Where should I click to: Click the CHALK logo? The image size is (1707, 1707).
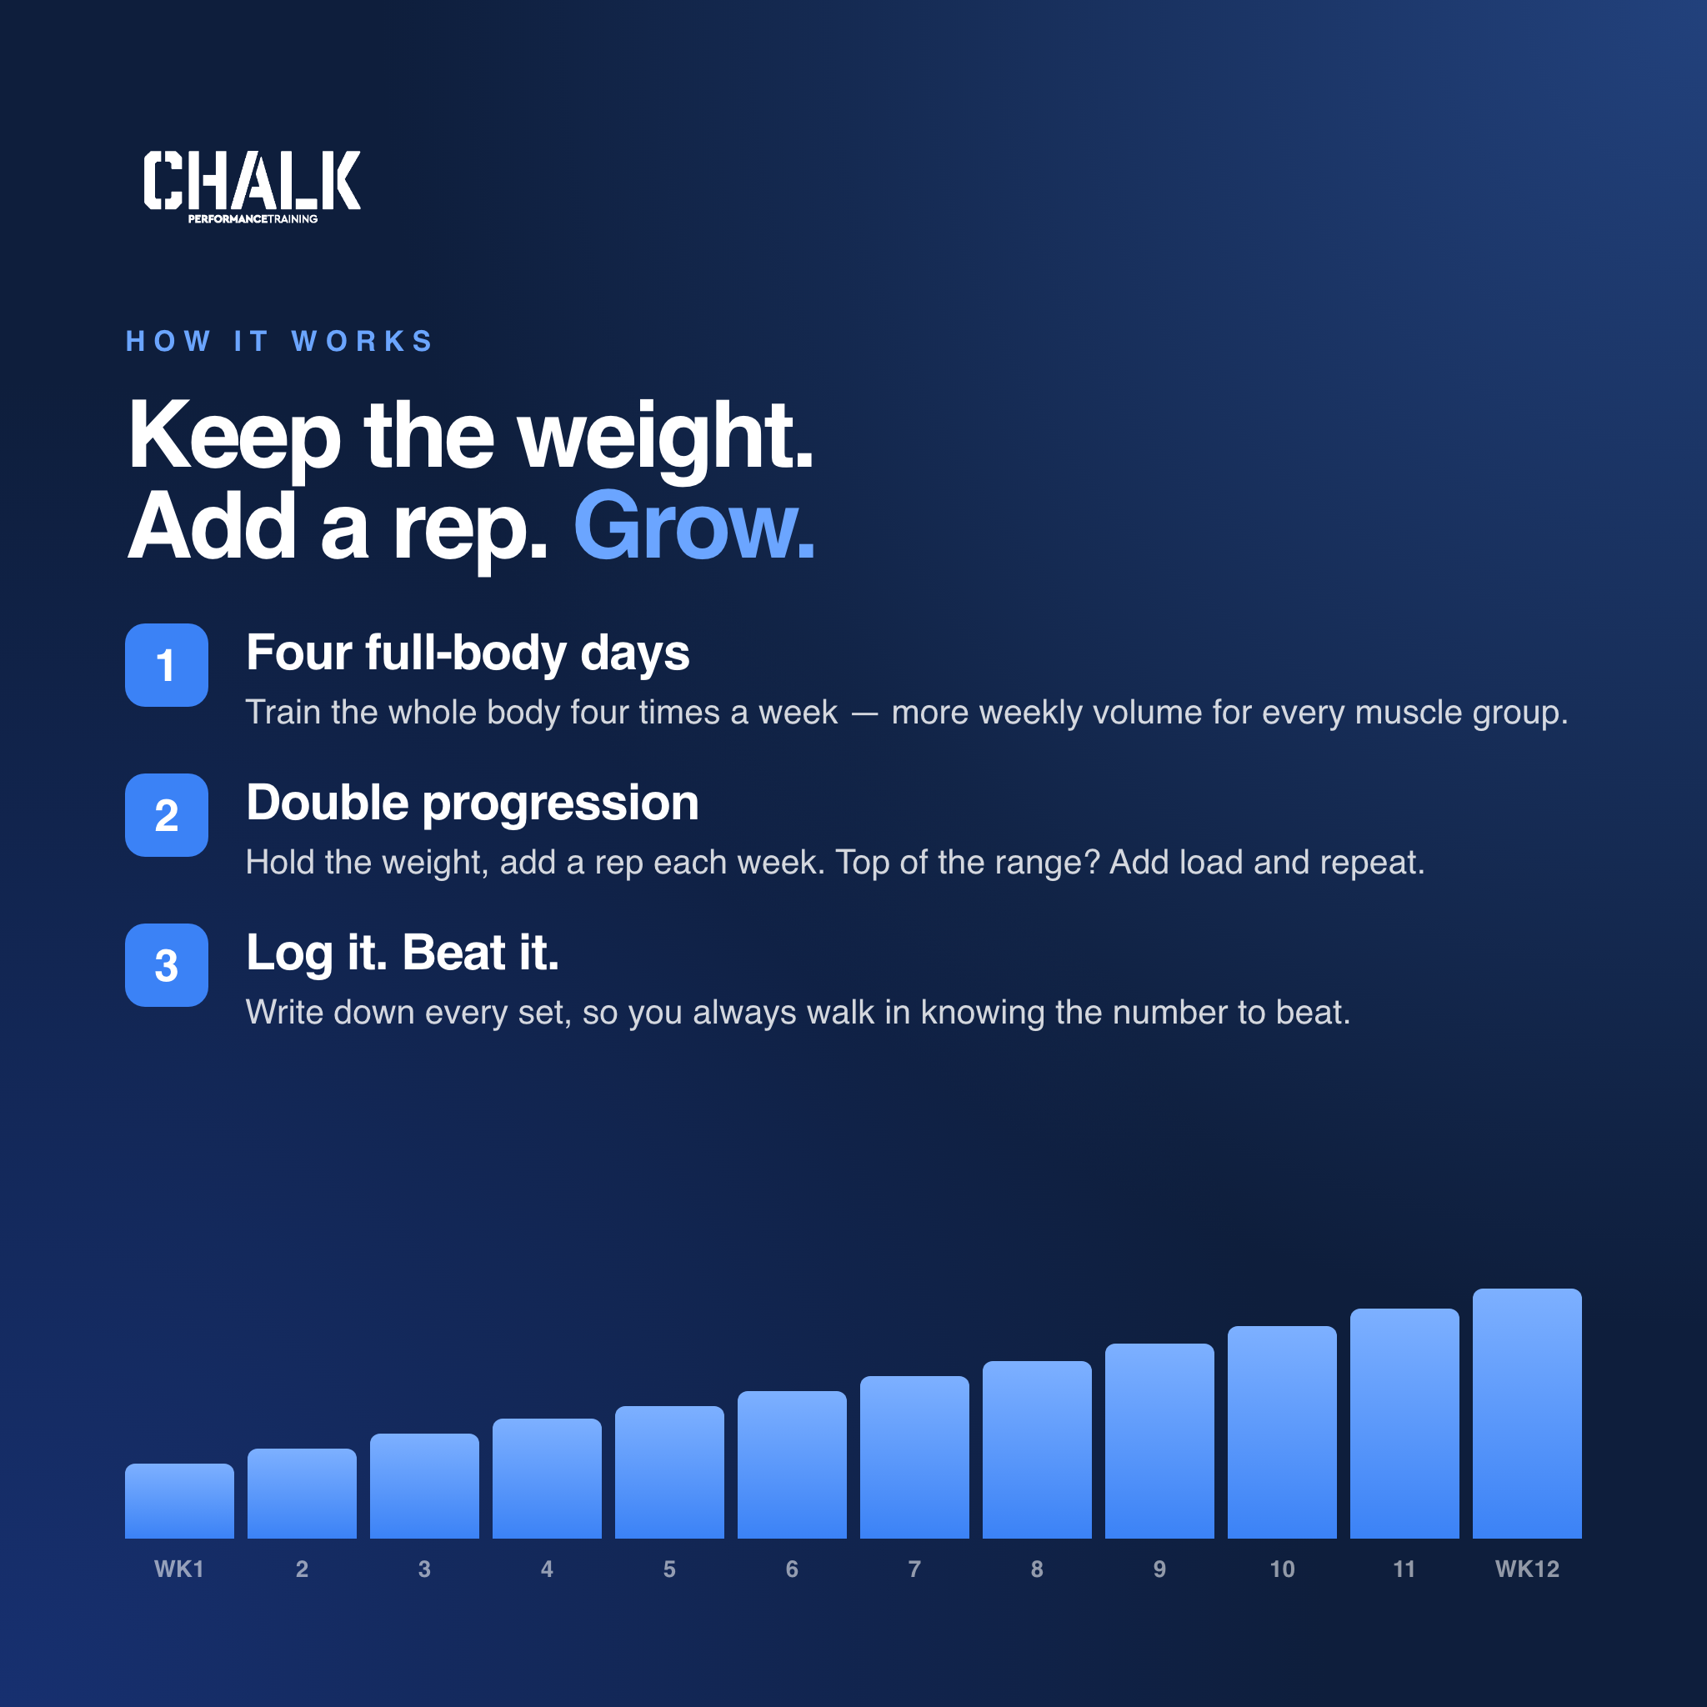tap(252, 187)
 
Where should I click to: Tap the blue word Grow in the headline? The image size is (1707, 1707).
tap(693, 527)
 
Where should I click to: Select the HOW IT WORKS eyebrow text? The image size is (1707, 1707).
tap(279, 341)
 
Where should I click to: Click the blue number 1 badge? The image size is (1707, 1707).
tap(166, 664)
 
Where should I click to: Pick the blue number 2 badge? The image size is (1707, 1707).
tap(166, 814)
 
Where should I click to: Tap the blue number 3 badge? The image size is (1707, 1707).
tap(166, 965)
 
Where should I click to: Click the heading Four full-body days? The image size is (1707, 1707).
tap(468, 653)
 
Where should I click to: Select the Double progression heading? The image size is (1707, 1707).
tap(473, 804)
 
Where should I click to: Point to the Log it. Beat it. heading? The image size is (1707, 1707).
tap(403, 954)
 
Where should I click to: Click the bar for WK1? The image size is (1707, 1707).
tap(179, 1501)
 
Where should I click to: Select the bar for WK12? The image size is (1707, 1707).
tap(1527, 1414)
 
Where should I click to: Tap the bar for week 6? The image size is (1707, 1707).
tap(792, 1465)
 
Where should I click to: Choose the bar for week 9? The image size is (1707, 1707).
tap(1159, 1441)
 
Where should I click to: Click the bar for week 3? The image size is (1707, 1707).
tap(424, 1486)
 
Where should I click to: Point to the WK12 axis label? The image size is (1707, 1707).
tap(1527, 1569)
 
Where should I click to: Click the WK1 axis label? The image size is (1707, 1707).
tap(179, 1569)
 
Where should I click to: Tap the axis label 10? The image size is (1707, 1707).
tap(1282, 1569)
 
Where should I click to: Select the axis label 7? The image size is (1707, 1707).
tap(914, 1569)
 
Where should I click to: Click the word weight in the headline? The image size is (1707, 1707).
tap(664, 438)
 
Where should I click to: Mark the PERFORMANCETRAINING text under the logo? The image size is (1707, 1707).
tap(253, 219)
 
